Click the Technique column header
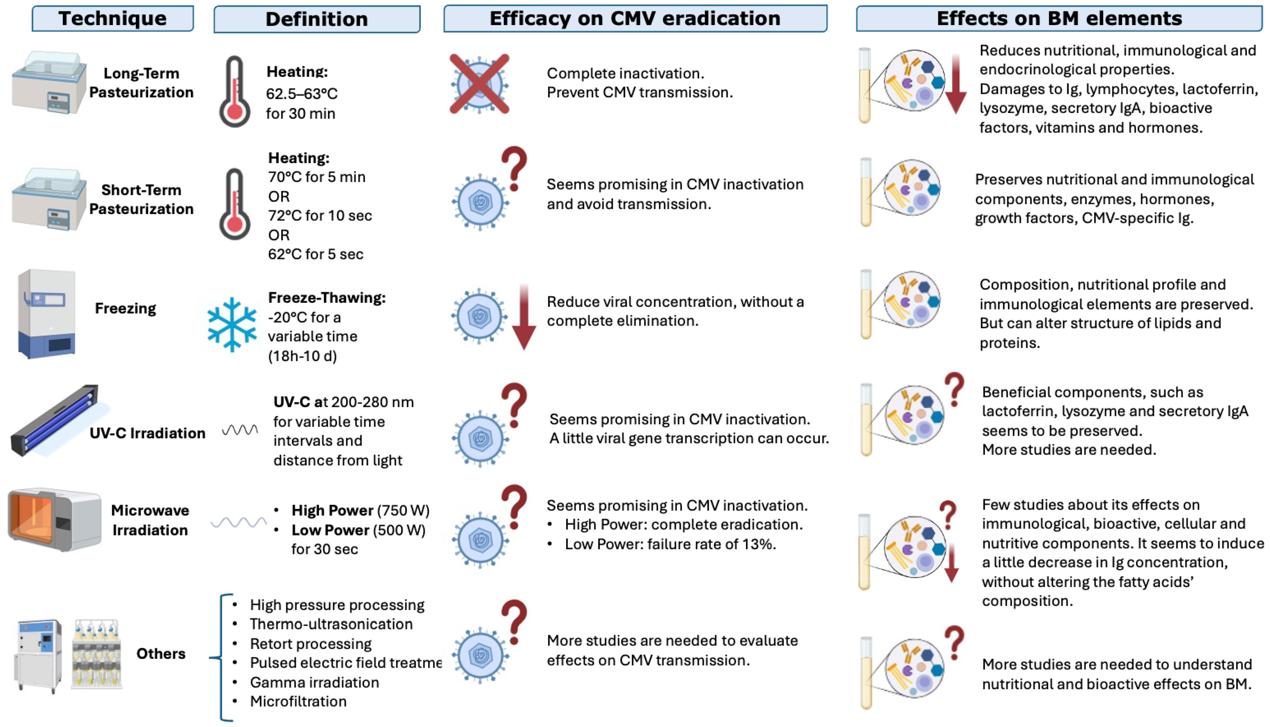[x=113, y=18]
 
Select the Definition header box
[x=317, y=19]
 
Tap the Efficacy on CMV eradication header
[x=635, y=18]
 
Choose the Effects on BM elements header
[x=1059, y=18]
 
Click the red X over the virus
[x=479, y=84]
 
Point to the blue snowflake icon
[x=232, y=325]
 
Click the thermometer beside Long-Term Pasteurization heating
[x=234, y=92]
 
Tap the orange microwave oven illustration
[x=54, y=519]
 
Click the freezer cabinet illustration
[x=46, y=313]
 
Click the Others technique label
[x=161, y=654]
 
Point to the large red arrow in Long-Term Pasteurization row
[x=955, y=84]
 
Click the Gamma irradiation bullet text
[x=315, y=682]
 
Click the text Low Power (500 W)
[x=358, y=530]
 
